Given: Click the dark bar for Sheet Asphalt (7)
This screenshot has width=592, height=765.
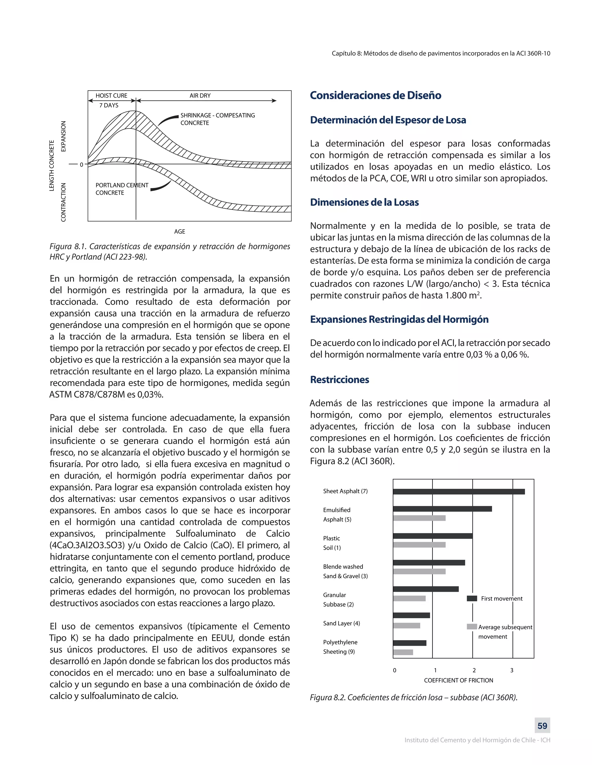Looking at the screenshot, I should (459, 491).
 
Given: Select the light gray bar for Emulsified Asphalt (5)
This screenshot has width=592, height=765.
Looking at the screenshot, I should (419, 518).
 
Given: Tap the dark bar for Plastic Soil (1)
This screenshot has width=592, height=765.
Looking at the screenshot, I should (432, 536).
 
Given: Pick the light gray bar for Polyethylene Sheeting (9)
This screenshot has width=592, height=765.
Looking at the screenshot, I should (403, 652).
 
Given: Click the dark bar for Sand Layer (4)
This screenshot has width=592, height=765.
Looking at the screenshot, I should (411, 615).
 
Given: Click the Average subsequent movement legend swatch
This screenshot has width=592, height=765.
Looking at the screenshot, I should (472, 627).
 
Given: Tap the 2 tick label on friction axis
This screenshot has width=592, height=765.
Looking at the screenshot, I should (474, 670).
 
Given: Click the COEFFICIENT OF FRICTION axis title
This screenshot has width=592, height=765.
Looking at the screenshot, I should (458, 681).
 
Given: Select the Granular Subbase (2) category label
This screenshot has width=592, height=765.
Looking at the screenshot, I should (338, 600).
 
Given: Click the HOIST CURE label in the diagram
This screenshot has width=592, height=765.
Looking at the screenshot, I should (111, 96).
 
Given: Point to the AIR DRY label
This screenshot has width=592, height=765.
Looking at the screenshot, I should (200, 96).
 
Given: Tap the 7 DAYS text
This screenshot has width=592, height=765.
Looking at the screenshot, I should (109, 105).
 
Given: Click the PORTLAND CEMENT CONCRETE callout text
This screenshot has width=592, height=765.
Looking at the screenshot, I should (121, 189).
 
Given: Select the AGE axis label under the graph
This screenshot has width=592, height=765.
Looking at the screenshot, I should (180, 232).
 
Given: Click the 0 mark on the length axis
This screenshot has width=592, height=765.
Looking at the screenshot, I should (81, 165).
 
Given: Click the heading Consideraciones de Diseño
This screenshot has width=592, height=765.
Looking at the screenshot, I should (375, 95).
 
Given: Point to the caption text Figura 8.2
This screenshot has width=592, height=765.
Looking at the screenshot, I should (413, 698).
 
